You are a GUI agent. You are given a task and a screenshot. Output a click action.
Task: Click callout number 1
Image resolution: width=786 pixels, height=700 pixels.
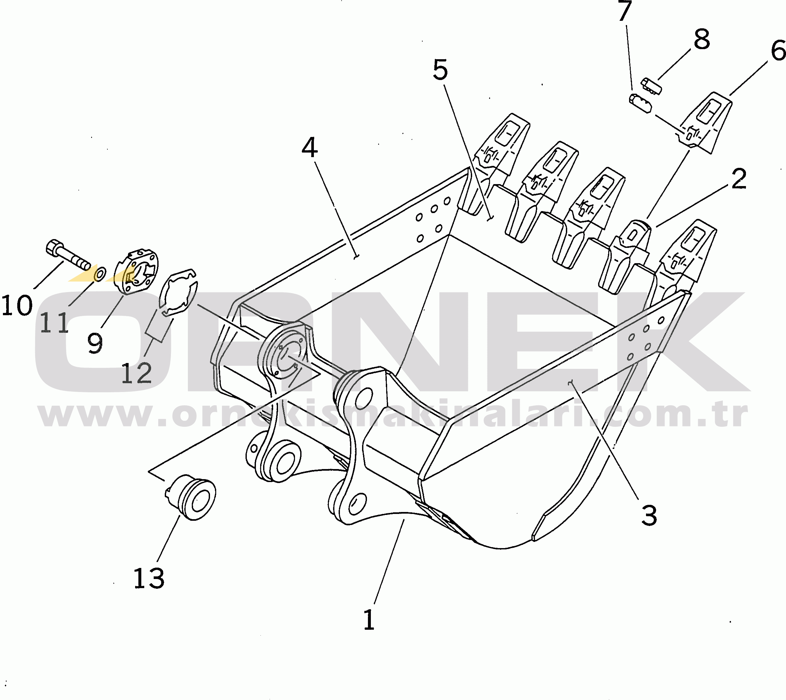point(369,619)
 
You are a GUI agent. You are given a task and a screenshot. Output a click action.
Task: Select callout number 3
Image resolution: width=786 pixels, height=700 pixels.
point(649,515)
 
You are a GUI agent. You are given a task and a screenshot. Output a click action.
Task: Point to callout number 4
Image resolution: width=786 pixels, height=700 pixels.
point(310,148)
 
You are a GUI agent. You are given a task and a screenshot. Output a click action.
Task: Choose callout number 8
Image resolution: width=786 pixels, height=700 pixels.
point(702,40)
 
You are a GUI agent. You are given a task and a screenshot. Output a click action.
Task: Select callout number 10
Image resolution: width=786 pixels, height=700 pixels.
point(17,306)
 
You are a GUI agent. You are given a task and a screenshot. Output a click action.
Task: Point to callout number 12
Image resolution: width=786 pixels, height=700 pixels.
point(137,373)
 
